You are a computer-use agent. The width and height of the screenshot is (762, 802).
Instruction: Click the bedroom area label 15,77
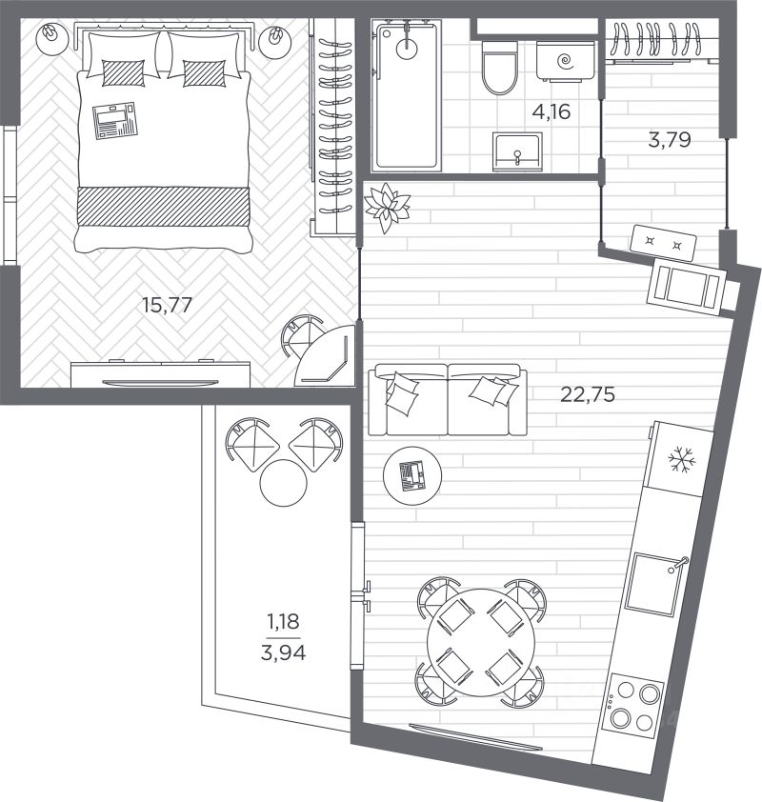[168, 306]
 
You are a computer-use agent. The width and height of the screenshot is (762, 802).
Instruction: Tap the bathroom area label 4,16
[551, 111]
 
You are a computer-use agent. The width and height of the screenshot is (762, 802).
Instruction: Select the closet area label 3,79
[670, 140]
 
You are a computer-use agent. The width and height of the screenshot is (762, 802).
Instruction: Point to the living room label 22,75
[588, 394]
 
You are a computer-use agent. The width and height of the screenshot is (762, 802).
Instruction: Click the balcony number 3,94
[283, 652]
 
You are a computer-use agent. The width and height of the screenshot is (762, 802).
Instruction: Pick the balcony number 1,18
[283, 621]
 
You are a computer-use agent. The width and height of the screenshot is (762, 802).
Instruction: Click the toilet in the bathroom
[500, 68]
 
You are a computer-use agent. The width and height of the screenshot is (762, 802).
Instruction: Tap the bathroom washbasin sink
[517, 151]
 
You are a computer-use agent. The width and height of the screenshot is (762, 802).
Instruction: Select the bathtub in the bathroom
[407, 95]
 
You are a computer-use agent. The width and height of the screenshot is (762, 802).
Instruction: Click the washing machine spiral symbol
[565, 61]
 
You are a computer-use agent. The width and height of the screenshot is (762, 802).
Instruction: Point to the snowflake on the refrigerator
[682, 459]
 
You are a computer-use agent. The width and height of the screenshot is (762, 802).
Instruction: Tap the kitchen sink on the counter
[654, 585]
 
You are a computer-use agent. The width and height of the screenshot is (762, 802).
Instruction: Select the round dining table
[481, 642]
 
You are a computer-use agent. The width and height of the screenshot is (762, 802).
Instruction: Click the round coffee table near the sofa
[412, 475]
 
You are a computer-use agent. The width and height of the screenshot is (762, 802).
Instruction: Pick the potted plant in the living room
[387, 207]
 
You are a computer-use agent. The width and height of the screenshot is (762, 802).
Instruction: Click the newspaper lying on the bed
[115, 121]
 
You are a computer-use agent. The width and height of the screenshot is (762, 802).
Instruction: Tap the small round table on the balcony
[283, 483]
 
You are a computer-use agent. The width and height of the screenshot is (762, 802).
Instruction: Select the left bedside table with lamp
[52, 37]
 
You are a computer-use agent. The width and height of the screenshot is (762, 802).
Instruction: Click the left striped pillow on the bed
[123, 73]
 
